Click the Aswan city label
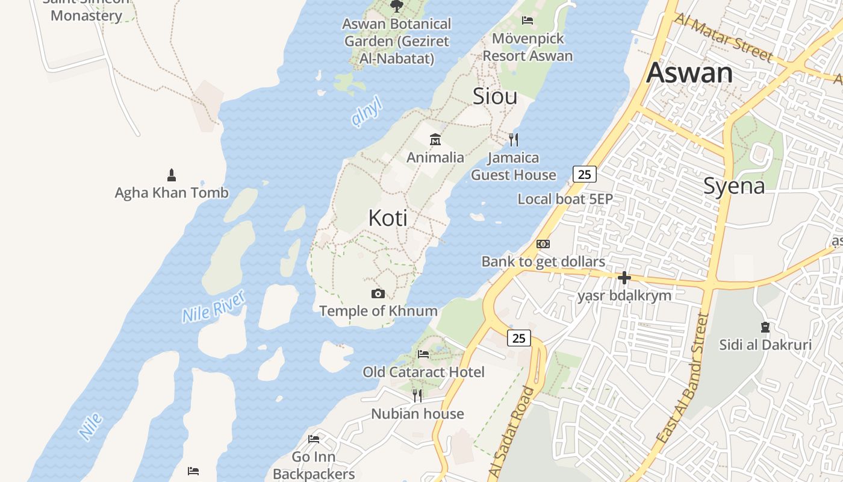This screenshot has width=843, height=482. [689, 73]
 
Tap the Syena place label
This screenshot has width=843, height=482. [734, 186]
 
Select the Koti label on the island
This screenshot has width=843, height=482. [388, 218]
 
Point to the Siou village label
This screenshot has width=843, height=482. [495, 96]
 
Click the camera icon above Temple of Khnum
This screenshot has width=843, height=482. [378, 293]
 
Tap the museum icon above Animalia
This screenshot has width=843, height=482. [435, 140]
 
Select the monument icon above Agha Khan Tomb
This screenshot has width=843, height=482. [172, 175]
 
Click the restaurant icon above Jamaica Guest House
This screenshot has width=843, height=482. [513, 140]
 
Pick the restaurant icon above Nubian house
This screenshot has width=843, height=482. [417, 396]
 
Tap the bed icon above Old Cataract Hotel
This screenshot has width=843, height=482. [423, 354]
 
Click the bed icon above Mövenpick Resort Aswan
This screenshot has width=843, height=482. [527, 20]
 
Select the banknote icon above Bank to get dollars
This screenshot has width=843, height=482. [543, 244]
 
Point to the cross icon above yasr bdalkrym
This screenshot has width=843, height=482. [624, 278]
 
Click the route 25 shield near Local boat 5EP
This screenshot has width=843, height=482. [584, 174]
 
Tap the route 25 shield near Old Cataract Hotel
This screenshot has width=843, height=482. [518, 338]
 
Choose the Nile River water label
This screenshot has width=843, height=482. [214, 306]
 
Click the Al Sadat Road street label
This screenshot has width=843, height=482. [511, 433]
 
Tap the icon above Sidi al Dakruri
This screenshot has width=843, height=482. [765, 327]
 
